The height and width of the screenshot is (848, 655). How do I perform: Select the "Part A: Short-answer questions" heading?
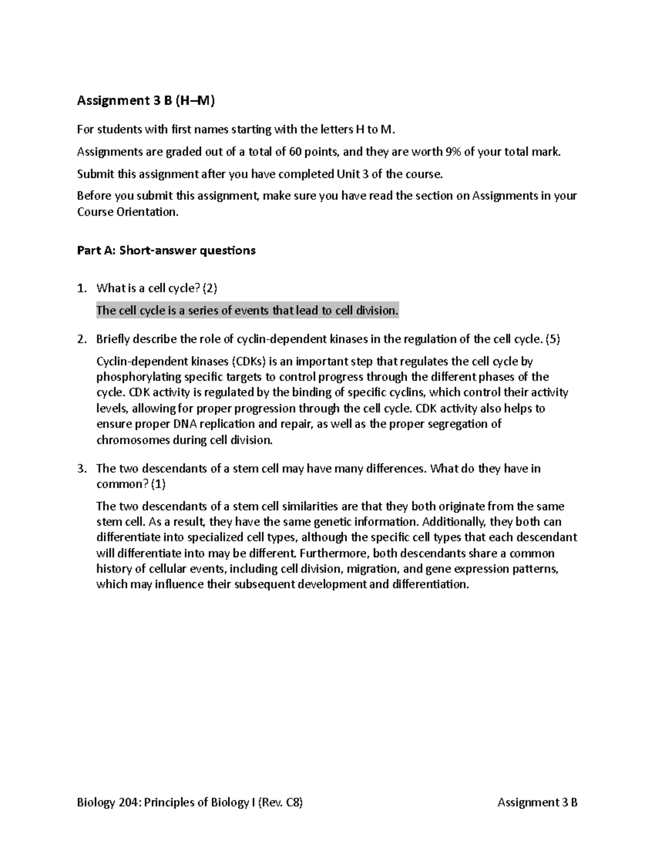pos(166,251)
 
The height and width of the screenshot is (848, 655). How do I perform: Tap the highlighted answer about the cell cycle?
pos(247,311)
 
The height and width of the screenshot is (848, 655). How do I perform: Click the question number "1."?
pos(82,288)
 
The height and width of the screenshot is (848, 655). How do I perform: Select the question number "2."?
pos(82,339)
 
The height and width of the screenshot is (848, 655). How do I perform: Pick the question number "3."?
pos(82,469)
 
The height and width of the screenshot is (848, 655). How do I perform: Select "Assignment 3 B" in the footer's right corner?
pos(538,802)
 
